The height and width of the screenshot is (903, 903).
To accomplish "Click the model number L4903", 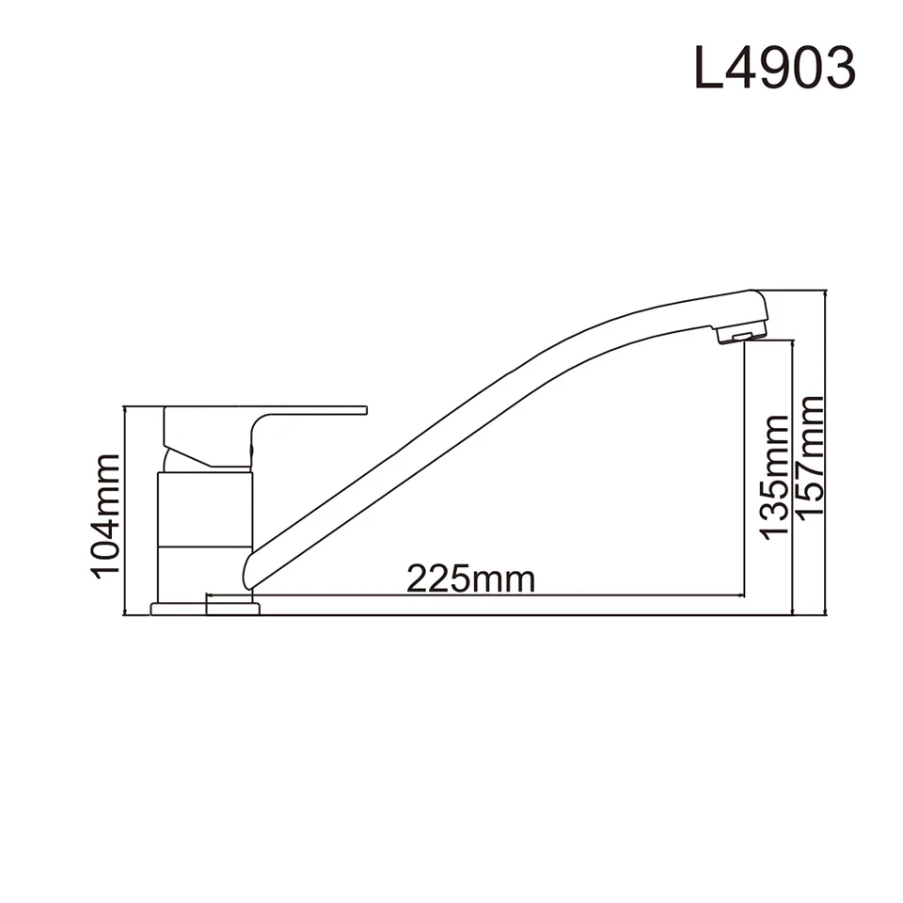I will (774, 68).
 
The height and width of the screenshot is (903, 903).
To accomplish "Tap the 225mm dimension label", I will (470, 578).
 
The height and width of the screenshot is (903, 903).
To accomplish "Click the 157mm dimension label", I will (810, 455).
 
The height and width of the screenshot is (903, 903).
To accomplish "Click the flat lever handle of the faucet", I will (310, 412).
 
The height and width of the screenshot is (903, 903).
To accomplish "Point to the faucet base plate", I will (205, 609).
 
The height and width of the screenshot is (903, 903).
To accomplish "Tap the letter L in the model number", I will (706, 69).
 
